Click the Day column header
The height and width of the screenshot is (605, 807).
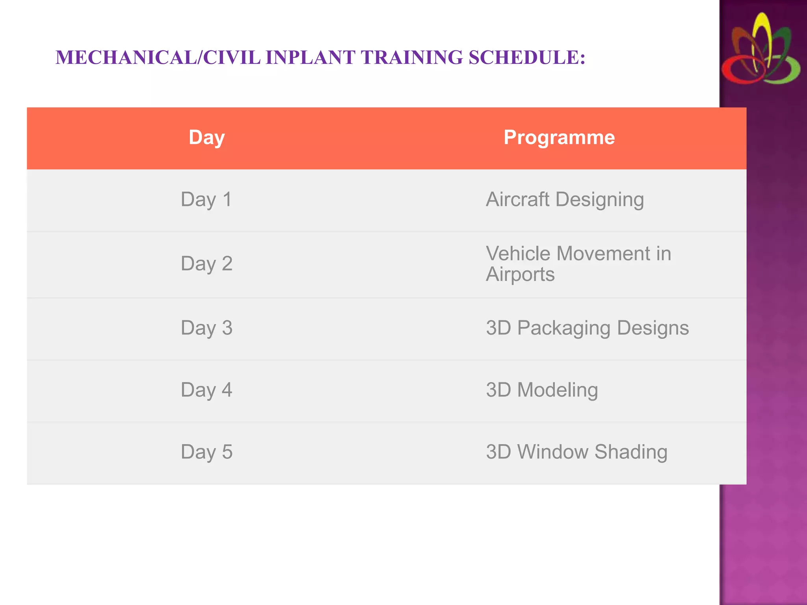[206, 138]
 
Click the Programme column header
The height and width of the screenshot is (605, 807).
[559, 138]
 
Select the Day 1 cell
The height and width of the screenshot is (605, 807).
[206, 200]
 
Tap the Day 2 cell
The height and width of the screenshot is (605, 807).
[206, 264]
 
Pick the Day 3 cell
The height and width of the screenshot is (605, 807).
[206, 328]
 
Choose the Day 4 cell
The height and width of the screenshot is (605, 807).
[206, 390]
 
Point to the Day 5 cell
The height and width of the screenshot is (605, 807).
[206, 452]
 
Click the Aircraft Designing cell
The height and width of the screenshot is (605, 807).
[565, 200]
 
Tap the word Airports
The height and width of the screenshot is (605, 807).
[520, 275]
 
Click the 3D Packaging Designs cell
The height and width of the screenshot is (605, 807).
[587, 328]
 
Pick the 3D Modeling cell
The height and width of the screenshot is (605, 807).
[542, 390]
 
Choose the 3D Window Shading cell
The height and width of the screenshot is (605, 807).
[576, 452]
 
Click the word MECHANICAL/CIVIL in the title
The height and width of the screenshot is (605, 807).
[158, 58]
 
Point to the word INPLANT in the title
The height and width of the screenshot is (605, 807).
[311, 58]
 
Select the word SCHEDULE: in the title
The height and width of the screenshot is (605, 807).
[527, 58]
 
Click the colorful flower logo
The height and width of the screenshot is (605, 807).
[761, 49]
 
